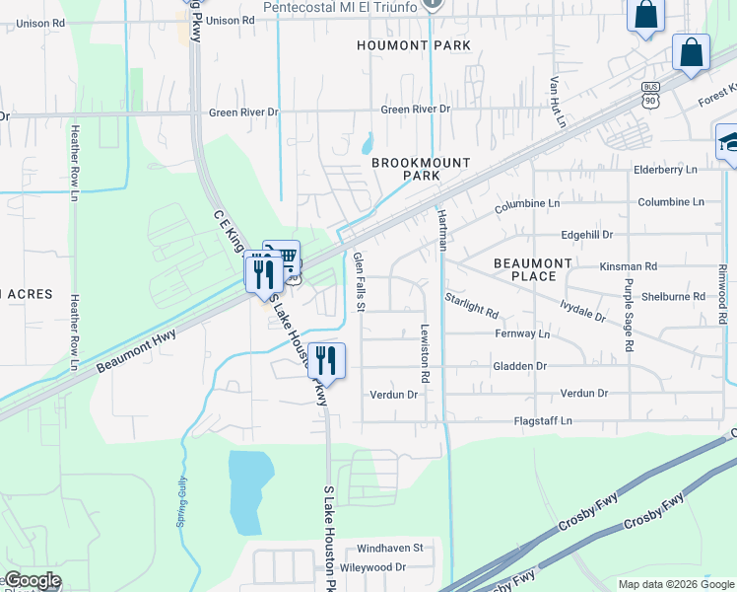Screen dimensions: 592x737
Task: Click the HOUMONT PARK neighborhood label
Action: pos(414,45)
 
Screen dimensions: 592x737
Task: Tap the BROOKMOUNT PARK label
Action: pos(421,169)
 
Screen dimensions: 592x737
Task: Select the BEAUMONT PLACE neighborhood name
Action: pos(532,269)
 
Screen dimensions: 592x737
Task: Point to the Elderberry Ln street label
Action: pos(665,170)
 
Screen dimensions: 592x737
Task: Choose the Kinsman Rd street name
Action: pos(628,266)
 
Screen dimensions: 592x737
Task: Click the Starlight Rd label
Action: pos(471,303)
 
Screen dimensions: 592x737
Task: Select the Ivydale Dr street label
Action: pos(580,311)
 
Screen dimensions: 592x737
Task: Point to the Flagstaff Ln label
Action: pos(543,421)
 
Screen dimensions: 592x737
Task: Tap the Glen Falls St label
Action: pos(360,282)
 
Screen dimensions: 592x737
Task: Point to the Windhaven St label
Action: pos(389,547)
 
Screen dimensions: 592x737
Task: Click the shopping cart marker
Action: pos(287,259)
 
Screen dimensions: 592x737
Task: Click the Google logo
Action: pos(33,581)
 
